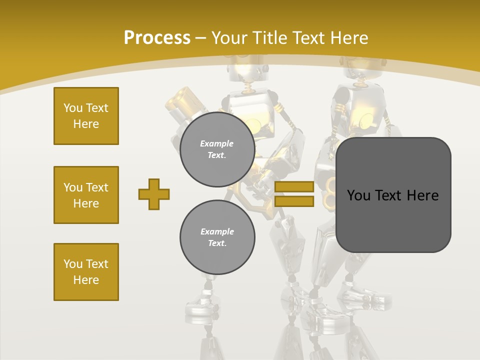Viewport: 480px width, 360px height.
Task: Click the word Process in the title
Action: click(157, 38)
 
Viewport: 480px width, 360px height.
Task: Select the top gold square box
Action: click(86, 116)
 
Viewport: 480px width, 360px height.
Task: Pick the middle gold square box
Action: click(86, 195)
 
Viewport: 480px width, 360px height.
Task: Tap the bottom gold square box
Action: click(86, 272)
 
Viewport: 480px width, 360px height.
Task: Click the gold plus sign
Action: click(154, 194)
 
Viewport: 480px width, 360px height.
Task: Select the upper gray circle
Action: click(217, 149)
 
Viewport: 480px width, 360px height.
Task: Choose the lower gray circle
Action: click(217, 237)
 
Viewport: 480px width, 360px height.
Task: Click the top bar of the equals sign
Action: click(294, 187)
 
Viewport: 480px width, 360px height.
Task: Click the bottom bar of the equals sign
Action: click(294, 201)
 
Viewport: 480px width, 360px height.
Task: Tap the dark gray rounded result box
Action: click(393, 220)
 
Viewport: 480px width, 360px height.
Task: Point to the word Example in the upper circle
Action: click(217, 143)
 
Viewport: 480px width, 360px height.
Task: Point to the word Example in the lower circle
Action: click(217, 231)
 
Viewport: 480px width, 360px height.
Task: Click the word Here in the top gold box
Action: click(86, 124)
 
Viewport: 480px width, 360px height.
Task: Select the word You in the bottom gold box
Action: click(73, 264)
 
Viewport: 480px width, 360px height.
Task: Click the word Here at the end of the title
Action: click(349, 38)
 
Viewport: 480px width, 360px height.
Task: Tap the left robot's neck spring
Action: click(247, 87)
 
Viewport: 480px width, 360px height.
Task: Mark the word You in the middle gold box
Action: click(73, 187)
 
